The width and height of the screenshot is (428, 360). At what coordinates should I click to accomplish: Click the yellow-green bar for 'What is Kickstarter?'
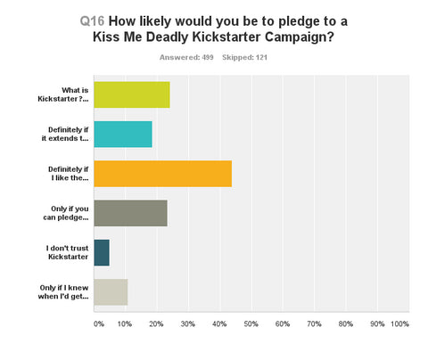pyautogui.click(x=131, y=94)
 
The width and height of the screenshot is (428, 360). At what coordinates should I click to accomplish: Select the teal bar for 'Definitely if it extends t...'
pyautogui.click(x=122, y=134)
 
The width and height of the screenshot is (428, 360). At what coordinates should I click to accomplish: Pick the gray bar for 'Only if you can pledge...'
pyautogui.click(x=130, y=213)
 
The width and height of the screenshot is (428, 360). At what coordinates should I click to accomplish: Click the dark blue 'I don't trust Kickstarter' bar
pyautogui.click(x=101, y=252)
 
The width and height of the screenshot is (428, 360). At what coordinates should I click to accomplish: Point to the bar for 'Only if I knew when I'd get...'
pyautogui.click(x=111, y=291)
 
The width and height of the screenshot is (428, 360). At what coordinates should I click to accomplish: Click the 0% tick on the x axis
pyautogui.click(x=99, y=323)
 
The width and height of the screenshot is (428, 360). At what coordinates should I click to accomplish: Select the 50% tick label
pyautogui.click(x=251, y=323)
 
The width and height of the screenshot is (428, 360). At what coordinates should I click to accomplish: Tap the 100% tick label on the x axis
pyautogui.click(x=399, y=323)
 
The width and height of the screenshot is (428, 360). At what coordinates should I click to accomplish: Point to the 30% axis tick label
pyautogui.click(x=188, y=323)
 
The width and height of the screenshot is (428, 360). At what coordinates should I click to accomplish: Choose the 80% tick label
pyautogui.click(x=345, y=323)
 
